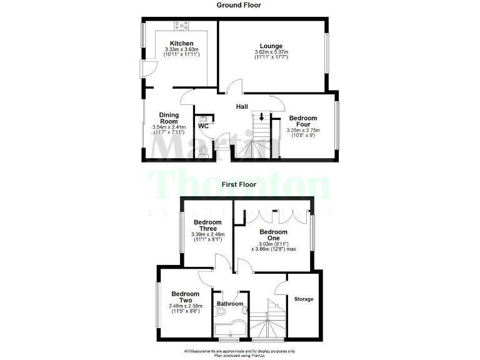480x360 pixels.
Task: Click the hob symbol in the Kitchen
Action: (x=183, y=26)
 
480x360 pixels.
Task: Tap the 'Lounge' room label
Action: (x=271, y=46)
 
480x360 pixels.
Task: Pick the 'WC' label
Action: (x=203, y=126)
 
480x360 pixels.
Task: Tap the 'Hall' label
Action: (x=242, y=107)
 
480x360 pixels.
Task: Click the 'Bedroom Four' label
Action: (x=303, y=121)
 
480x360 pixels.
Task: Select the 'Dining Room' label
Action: (x=169, y=118)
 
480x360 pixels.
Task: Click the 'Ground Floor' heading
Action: (x=239, y=5)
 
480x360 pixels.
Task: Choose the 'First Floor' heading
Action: (x=239, y=185)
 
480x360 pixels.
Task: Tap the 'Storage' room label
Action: (x=304, y=299)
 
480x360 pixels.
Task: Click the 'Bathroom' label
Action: (x=229, y=304)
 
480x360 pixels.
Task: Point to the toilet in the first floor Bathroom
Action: (x=244, y=310)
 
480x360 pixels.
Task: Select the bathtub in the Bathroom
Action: (x=229, y=329)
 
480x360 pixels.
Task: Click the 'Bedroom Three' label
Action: (x=207, y=226)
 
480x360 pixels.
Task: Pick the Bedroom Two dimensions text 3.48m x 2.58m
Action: (x=185, y=306)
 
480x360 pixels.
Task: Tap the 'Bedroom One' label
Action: (x=273, y=235)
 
